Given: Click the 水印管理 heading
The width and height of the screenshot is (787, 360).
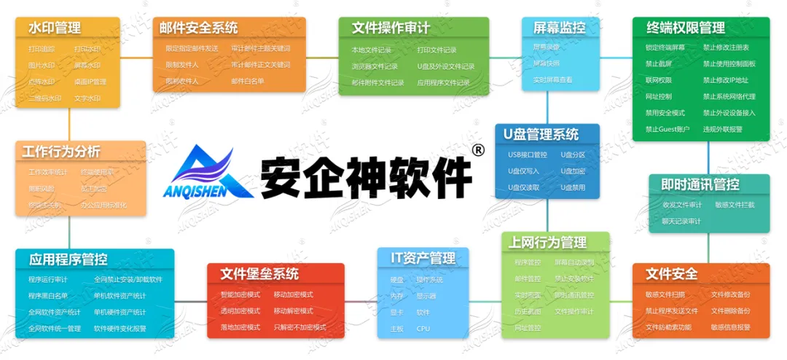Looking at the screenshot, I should click(55, 28).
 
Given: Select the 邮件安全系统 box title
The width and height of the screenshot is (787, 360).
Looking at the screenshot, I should click(199, 28).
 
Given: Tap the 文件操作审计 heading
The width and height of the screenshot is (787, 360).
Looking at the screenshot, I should click(391, 28).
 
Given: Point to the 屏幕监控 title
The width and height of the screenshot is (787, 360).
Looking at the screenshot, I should click(560, 28).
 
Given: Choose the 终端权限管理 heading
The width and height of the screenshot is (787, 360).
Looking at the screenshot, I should click(686, 28).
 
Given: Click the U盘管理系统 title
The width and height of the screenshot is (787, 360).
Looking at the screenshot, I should click(541, 135).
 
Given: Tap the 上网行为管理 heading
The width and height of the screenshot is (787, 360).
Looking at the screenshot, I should click(549, 243).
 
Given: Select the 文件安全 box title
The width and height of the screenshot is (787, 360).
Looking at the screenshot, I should click(671, 274).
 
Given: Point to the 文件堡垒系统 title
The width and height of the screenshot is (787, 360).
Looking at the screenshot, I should click(259, 274).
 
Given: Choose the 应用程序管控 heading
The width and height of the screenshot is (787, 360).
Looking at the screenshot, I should click(68, 259).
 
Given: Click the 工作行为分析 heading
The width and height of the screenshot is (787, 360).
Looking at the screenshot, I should click(61, 152).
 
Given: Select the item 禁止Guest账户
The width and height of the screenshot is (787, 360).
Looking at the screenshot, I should click(667, 129).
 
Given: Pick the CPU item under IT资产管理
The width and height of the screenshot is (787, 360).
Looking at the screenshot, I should click(423, 329).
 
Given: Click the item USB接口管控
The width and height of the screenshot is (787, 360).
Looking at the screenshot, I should click(528, 154).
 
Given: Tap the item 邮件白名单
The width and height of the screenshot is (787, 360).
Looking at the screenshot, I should click(248, 81).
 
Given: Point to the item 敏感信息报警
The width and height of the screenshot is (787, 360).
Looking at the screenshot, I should click(731, 327).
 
